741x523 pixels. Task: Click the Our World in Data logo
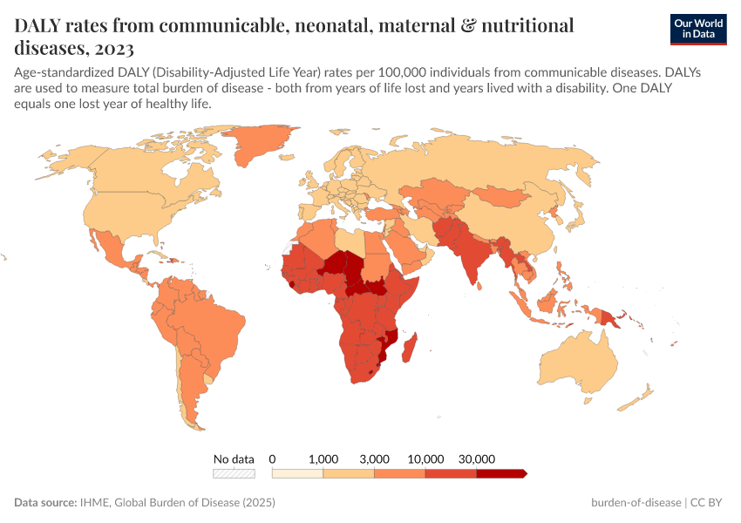(x=698, y=29)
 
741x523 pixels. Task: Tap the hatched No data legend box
(x=235, y=473)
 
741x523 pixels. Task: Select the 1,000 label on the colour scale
(x=323, y=458)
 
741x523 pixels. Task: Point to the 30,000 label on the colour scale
(x=477, y=458)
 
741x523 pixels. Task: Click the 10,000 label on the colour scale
(x=425, y=458)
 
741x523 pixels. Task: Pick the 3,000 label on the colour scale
(x=374, y=458)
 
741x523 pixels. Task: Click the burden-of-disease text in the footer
(x=637, y=503)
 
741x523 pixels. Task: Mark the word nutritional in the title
(x=523, y=25)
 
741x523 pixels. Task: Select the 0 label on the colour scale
(x=273, y=458)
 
